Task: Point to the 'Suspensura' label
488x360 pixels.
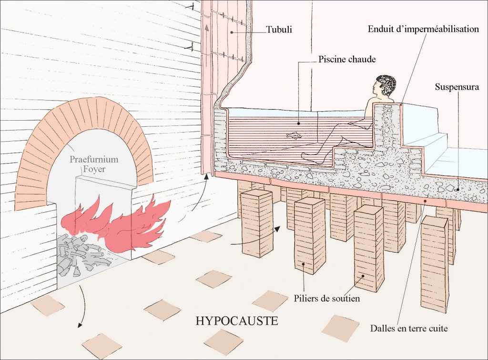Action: (457, 88)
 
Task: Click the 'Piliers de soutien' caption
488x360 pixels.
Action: (327, 299)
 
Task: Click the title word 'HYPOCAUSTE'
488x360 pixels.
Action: (237, 320)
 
